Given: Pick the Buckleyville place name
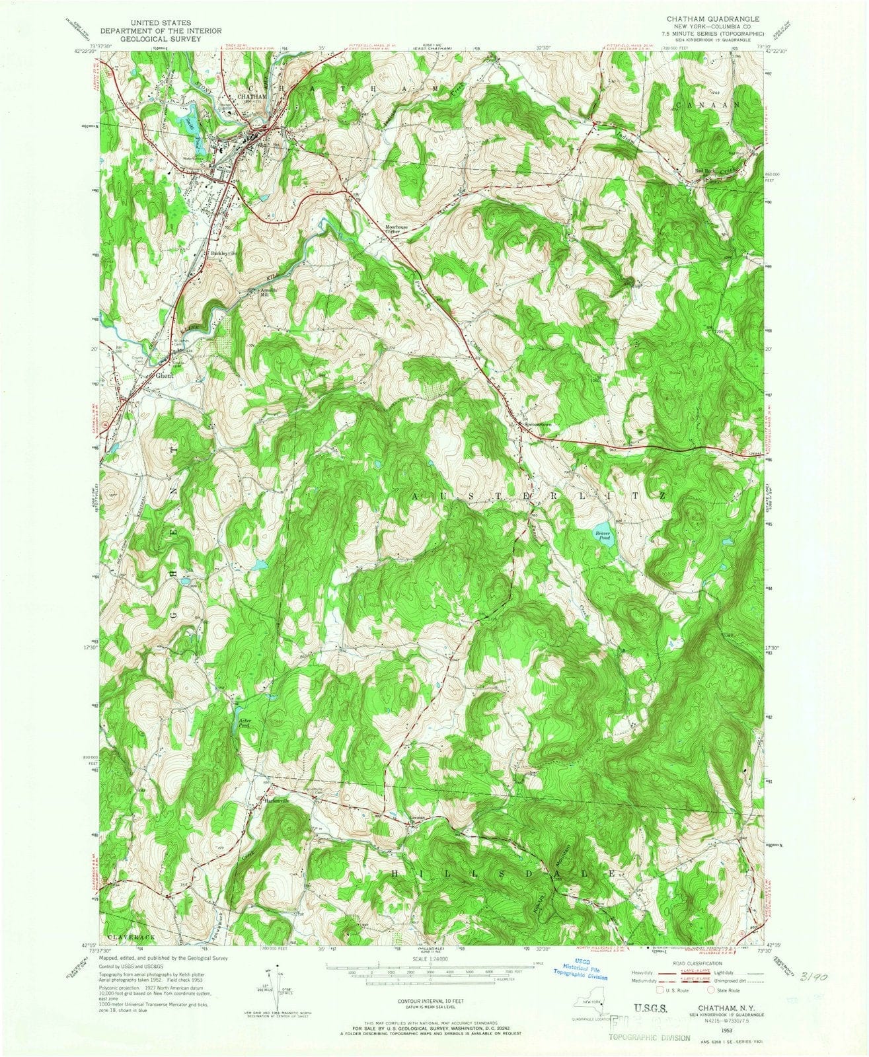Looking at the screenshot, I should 224,252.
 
